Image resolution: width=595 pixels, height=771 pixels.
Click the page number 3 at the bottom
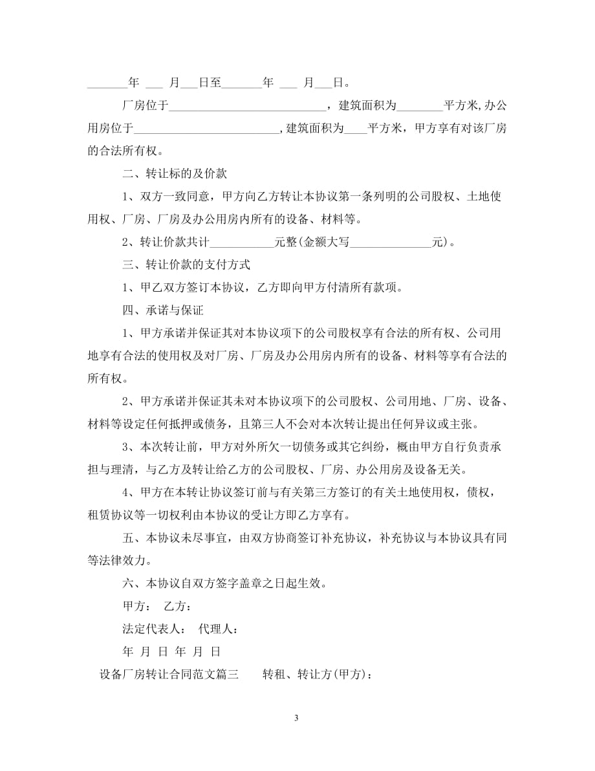[296, 718]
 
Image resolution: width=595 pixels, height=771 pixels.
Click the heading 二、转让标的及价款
[174, 174]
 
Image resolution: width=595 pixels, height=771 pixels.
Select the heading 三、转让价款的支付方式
[186, 265]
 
